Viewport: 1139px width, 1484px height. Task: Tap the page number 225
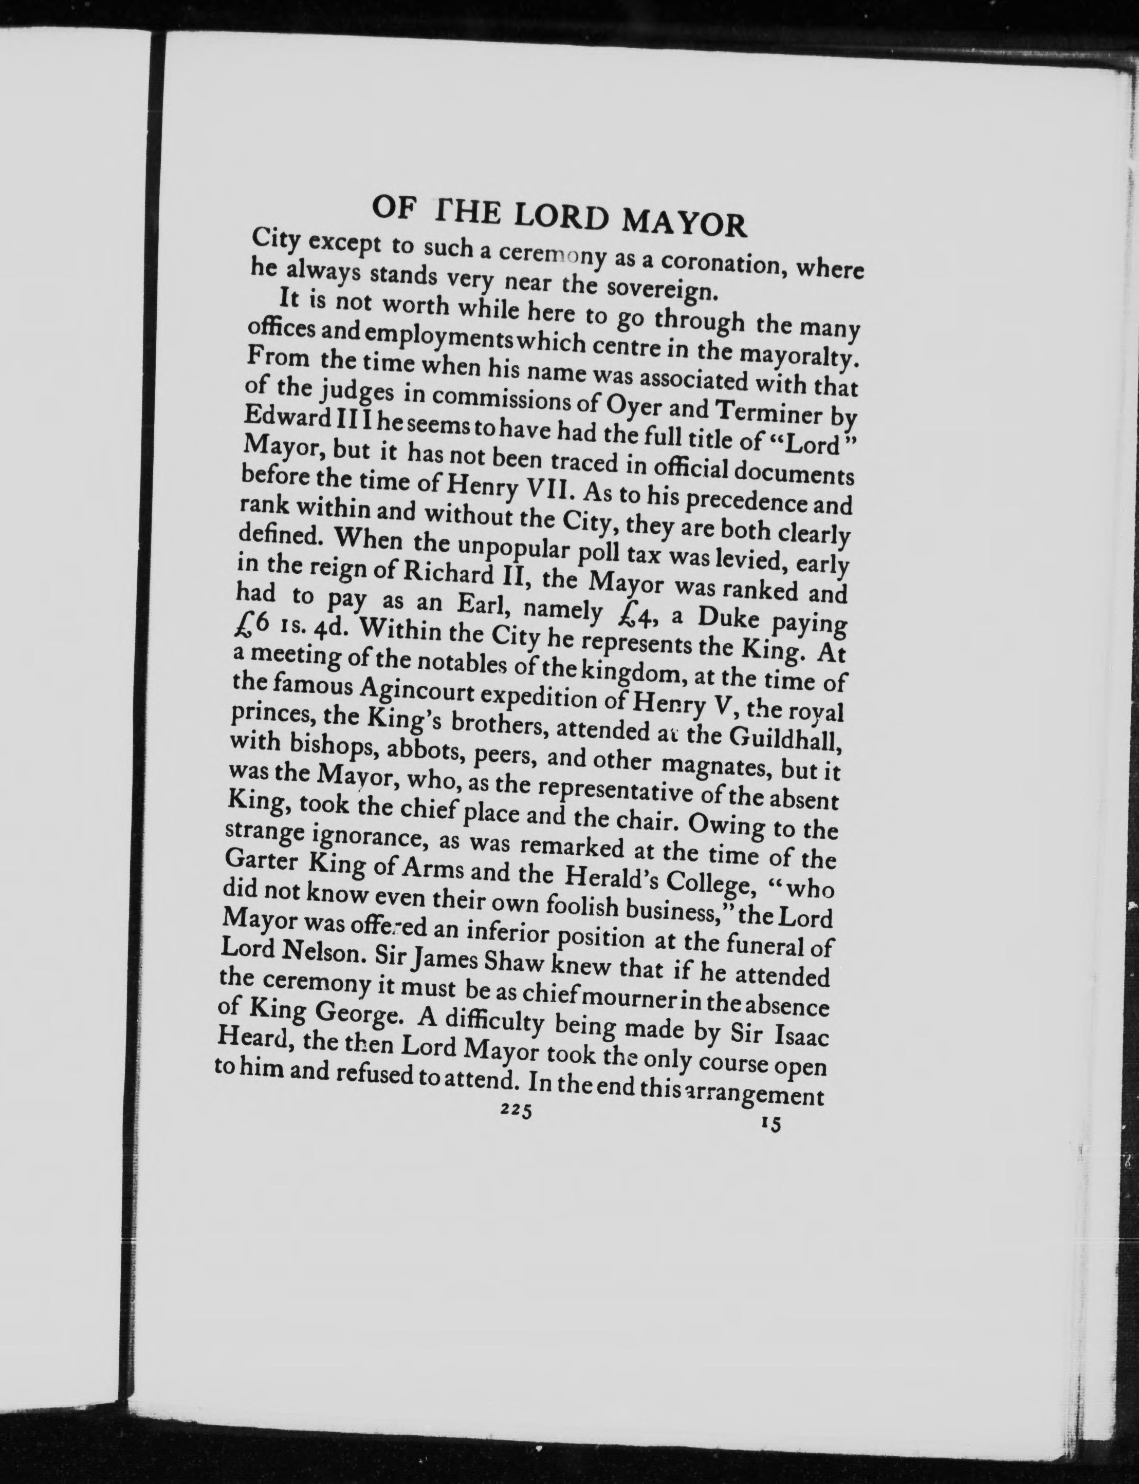coord(517,1313)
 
